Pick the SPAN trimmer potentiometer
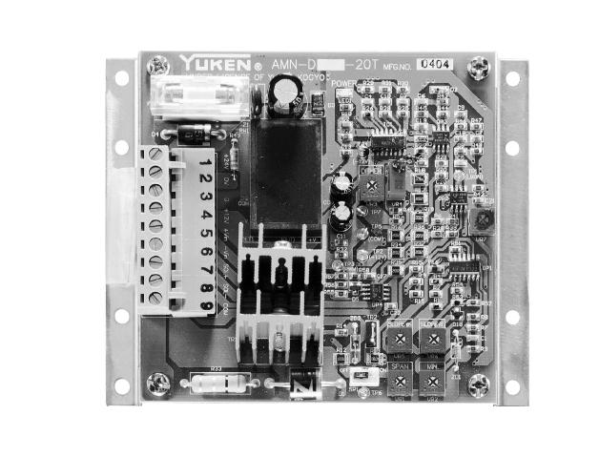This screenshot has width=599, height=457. coord(399,380)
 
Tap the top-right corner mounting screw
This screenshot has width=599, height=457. coord(482,67)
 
